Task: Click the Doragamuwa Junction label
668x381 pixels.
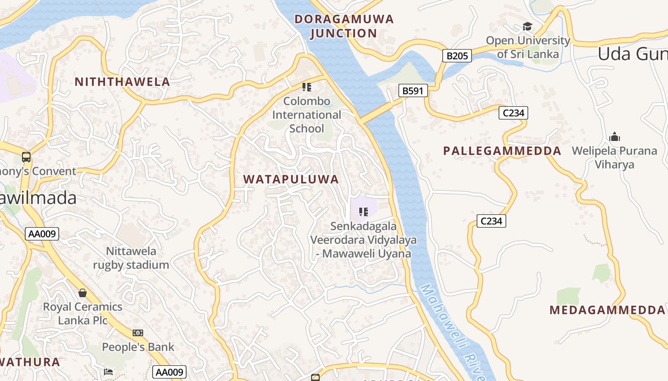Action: pyautogui.click(x=344, y=26)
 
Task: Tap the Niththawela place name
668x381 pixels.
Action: pyautogui.click(x=122, y=82)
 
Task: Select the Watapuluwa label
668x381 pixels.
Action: pyautogui.click(x=291, y=180)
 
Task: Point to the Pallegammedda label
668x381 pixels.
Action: pyautogui.click(x=502, y=151)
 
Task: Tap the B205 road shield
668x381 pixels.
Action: pyautogui.click(x=457, y=56)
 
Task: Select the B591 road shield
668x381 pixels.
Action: pyautogui.click(x=413, y=90)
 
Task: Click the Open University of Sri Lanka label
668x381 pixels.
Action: pyautogui.click(x=528, y=47)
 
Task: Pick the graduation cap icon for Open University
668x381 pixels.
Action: pyautogui.click(x=527, y=27)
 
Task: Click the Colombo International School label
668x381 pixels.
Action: pyautogui.click(x=306, y=115)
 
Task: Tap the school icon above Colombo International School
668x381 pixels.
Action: pyautogui.click(x=306, y=87)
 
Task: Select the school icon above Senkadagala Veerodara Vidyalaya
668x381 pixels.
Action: pyautogui.click(x=364, y=211)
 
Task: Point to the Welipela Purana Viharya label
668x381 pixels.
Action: pyautogui.click(x=615, y=158)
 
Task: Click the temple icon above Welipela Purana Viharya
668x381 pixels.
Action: pyautogui.click(x=615, y=137)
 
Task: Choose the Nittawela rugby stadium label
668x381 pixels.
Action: pyautogui.click(x=131, y=258)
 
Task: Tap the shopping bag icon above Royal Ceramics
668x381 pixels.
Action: pyautogui.click(x=83, y=292)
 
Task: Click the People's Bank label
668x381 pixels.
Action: pyautogui.click(x=138, y=347)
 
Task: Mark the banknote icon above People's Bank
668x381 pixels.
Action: pyautogui.click(x=138, y=333)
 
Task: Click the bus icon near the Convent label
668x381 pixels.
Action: pyautogui.click(x=26, y=157)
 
